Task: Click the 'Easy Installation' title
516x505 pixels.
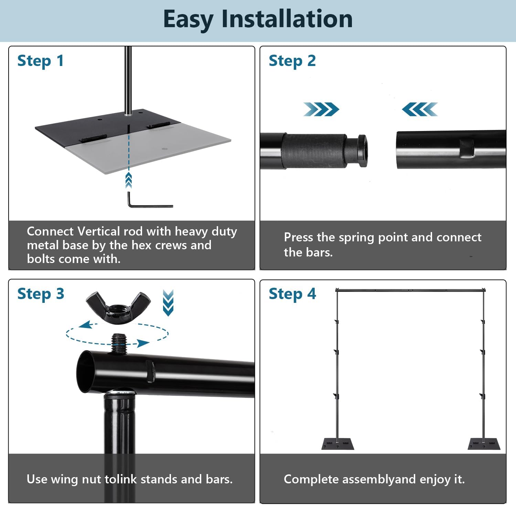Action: [x=258, y=19]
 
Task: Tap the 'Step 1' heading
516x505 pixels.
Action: [x=40, y=61]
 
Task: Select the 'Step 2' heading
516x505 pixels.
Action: [x=292, y=61]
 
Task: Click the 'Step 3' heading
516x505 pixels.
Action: [x=41, y=294]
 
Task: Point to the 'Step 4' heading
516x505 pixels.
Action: [x=292, y=294]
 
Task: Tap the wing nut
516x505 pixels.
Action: [x=118, y=307]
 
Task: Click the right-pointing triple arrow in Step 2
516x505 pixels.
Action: [x=321, y=109]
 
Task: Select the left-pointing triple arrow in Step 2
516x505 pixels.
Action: [x=420, y=109]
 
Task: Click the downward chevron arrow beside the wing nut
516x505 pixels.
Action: [x=168, y=303]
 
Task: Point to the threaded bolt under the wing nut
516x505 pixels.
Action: [x=119, y=343]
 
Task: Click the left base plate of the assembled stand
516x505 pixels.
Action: [x=337, y=444]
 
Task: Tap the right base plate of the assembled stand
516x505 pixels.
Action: [x=484, y=444]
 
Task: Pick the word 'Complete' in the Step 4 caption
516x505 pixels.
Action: [x=311, y=479]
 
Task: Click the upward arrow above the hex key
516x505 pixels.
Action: [x=129, y=180]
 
